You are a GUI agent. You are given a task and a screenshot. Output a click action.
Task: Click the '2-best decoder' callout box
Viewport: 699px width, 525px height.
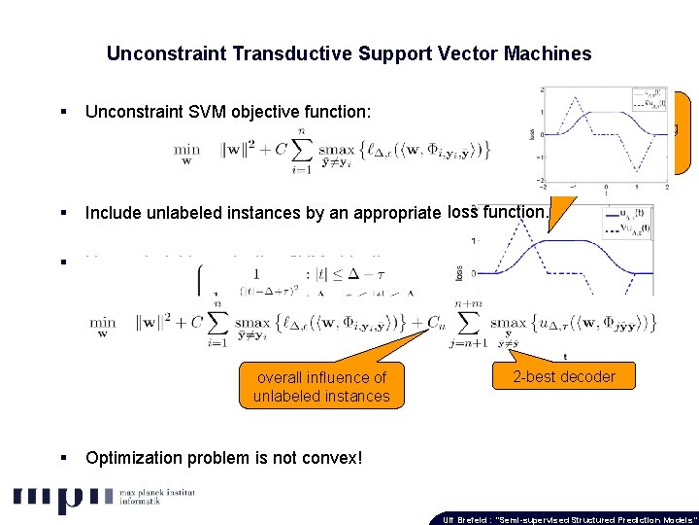coord(565,376)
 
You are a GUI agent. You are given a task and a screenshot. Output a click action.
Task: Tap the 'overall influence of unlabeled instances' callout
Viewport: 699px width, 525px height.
coord(321,386)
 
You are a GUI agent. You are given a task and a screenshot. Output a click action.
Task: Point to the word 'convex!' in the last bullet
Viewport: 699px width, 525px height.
coord(333,457)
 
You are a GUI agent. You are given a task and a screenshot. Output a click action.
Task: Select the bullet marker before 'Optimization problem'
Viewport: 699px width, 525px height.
coord(62,457)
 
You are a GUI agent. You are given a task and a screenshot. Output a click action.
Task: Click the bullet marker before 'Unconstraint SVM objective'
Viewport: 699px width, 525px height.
coord(62,113)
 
